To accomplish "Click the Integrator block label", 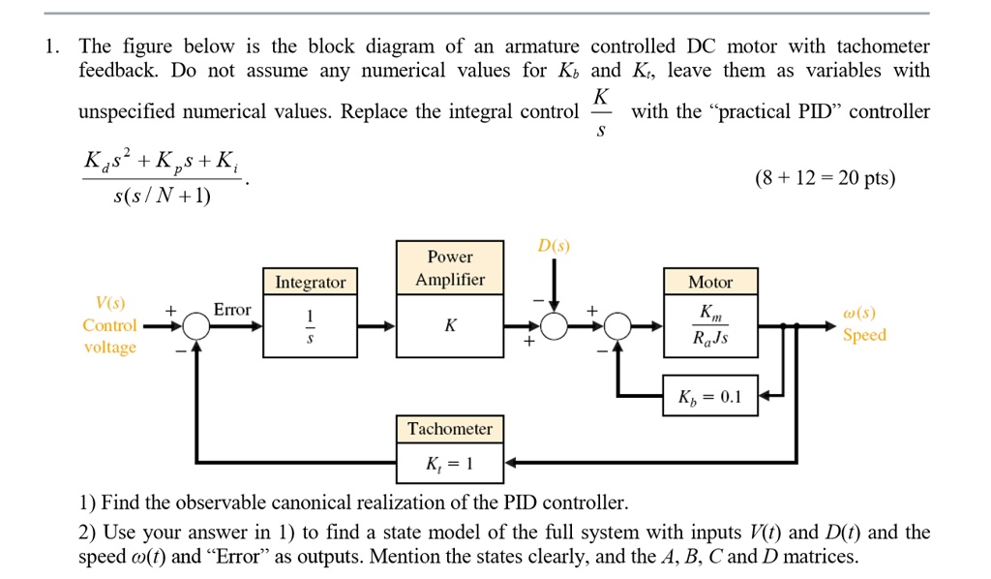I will tap(310, 282).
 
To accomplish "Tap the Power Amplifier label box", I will tap(450, 268).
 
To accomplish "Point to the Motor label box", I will tap(710, 282).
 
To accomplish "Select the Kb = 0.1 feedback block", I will tap(710, 395).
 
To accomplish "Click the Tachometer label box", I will tap(449, 429).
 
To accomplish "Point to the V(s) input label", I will tap(109, 304).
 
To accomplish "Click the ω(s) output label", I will tap(859, 314).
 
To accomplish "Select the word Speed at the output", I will tap(864, 335).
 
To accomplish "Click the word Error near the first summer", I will tap(232, 310).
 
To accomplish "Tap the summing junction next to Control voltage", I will tap(196, 326).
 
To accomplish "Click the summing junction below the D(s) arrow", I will tap(554, 326).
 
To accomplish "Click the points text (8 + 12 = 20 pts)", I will tap(838, 179).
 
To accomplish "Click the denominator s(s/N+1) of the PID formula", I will tap(162, 197).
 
